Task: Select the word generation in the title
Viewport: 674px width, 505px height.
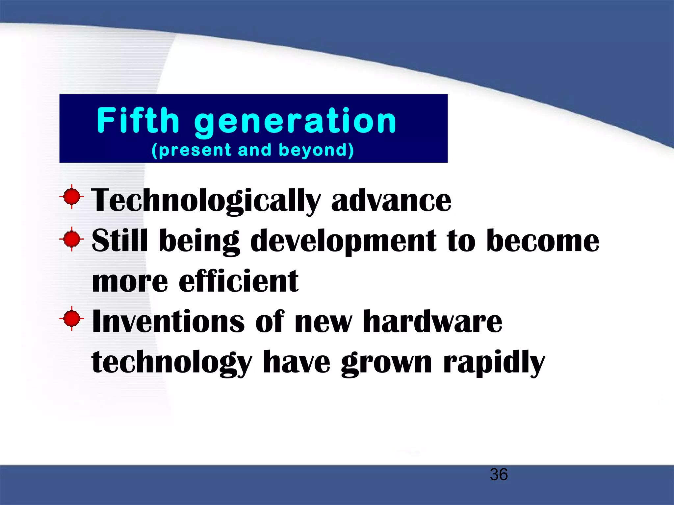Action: click(295, 122)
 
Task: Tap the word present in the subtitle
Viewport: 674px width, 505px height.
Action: click(195, 150)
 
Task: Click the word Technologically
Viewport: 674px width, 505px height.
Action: click(206, 201)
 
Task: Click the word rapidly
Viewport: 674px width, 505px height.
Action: click(494, 363)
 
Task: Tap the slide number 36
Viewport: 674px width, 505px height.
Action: click(499, 474)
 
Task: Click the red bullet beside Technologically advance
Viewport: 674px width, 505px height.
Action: click(72, 197)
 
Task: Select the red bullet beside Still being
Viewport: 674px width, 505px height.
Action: click(72, 239)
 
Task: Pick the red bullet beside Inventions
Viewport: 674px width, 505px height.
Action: click(72, 319)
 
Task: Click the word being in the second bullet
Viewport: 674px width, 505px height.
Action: click(199, 242)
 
